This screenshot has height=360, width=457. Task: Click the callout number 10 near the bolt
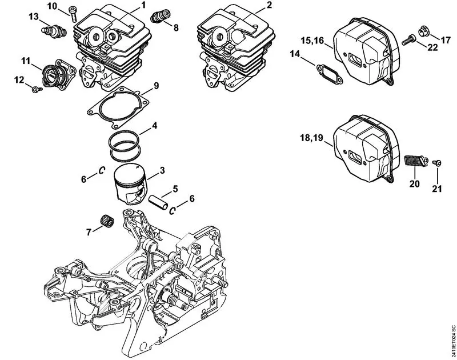tap(52, 6)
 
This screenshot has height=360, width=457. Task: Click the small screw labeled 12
tap(35, 88)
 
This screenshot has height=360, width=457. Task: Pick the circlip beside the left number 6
tap(102, 169)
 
